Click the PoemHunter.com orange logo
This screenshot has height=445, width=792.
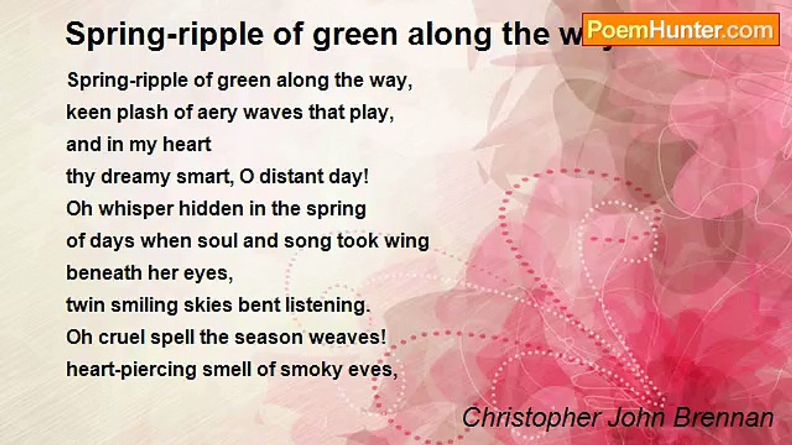[x=681, y=30]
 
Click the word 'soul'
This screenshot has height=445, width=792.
[x=217, y=241]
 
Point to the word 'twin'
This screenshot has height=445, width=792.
[x=86, y=305]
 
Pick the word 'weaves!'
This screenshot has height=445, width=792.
[x=348, y=337]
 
